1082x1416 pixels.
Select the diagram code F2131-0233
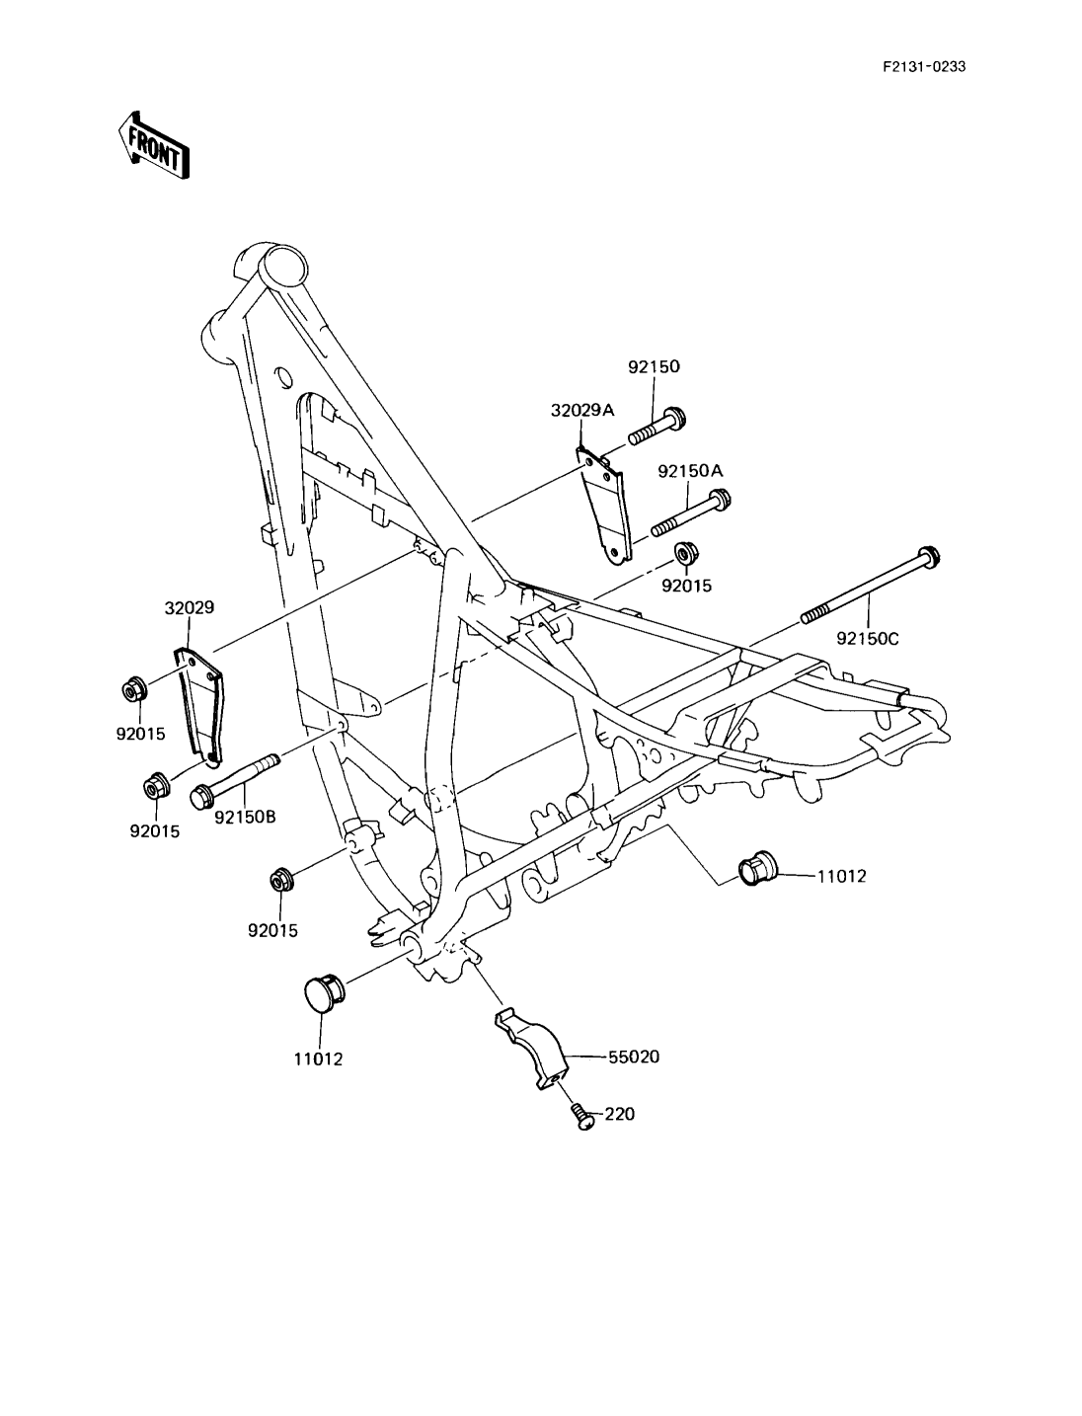(x=924, y=66)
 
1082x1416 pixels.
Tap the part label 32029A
(x=582, y=411)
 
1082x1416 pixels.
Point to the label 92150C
(x=867, y=638)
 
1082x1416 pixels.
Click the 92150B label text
(x=245, y=817)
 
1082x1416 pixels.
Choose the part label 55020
(x=634, y=1057)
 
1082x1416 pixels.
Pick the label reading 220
(x=620, y=1114)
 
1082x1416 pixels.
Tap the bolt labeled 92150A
(x=691, y=512)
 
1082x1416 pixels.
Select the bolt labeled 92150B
(x=233, y=780)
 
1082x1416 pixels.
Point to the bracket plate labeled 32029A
(x=602, y=506)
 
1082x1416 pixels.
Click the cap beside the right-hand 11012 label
(x=757, y=868)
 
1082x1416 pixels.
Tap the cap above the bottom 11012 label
(x=324, y=997)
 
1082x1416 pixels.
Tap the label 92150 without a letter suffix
(x=654, y=366)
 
